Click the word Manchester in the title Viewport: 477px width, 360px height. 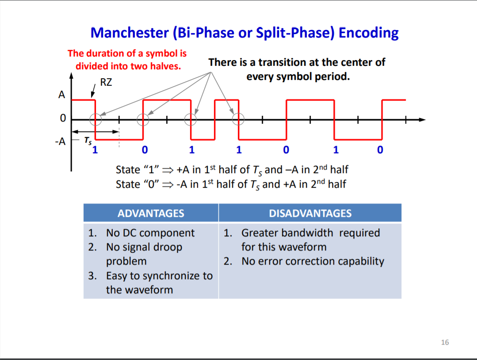[x=130, y=33]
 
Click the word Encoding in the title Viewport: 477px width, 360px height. [x=368, y=33]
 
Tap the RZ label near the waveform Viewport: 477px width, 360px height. [x=106, y=82]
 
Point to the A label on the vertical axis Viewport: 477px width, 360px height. [x=62, y=95]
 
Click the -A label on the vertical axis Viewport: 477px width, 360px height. [x=60, y=141]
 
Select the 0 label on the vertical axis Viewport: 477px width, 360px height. [x=63, y=118]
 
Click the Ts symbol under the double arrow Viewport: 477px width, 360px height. [x=88, y=140]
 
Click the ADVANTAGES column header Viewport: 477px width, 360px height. [x=151, y=213]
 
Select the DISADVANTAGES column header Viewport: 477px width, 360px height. [x=310, y=213]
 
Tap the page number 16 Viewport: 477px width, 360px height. [x=445, y=342]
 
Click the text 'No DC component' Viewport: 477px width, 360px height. [x=150, y=233]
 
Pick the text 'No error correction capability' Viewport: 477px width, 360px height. [x=313, y=261]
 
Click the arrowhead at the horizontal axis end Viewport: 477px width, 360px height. [x=422, y=120]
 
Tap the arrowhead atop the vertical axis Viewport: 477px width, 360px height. [x=71, y=76]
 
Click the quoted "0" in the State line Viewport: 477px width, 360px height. [x=152, y=184]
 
